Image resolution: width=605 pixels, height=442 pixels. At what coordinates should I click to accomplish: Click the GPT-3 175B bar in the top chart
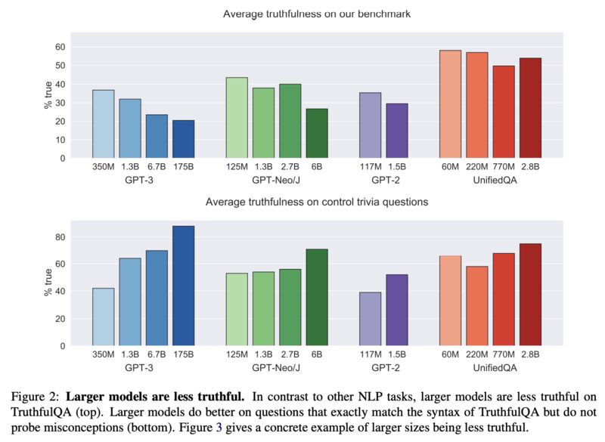point(183,140)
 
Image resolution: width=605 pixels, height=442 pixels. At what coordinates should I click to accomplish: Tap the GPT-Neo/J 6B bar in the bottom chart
point(316,297)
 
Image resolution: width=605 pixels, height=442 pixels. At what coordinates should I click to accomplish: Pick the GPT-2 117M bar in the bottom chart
point(370,319)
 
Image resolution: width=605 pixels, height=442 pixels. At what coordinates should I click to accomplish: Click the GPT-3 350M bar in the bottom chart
point(104,317)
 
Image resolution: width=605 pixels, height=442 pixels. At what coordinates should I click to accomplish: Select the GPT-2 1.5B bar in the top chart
point(397,131)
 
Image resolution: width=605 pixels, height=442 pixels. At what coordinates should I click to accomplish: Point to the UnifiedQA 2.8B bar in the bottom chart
point(530,295)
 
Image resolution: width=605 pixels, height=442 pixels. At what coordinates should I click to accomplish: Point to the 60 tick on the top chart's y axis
point(60,47)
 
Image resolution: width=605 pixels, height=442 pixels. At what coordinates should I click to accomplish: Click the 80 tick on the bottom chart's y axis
point(60,237)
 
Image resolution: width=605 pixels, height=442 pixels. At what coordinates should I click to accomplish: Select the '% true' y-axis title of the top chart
point(48,94)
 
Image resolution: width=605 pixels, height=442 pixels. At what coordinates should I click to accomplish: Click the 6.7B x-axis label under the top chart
point(157,167)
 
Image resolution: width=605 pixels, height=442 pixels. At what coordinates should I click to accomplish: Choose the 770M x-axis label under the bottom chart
point(503,354)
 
